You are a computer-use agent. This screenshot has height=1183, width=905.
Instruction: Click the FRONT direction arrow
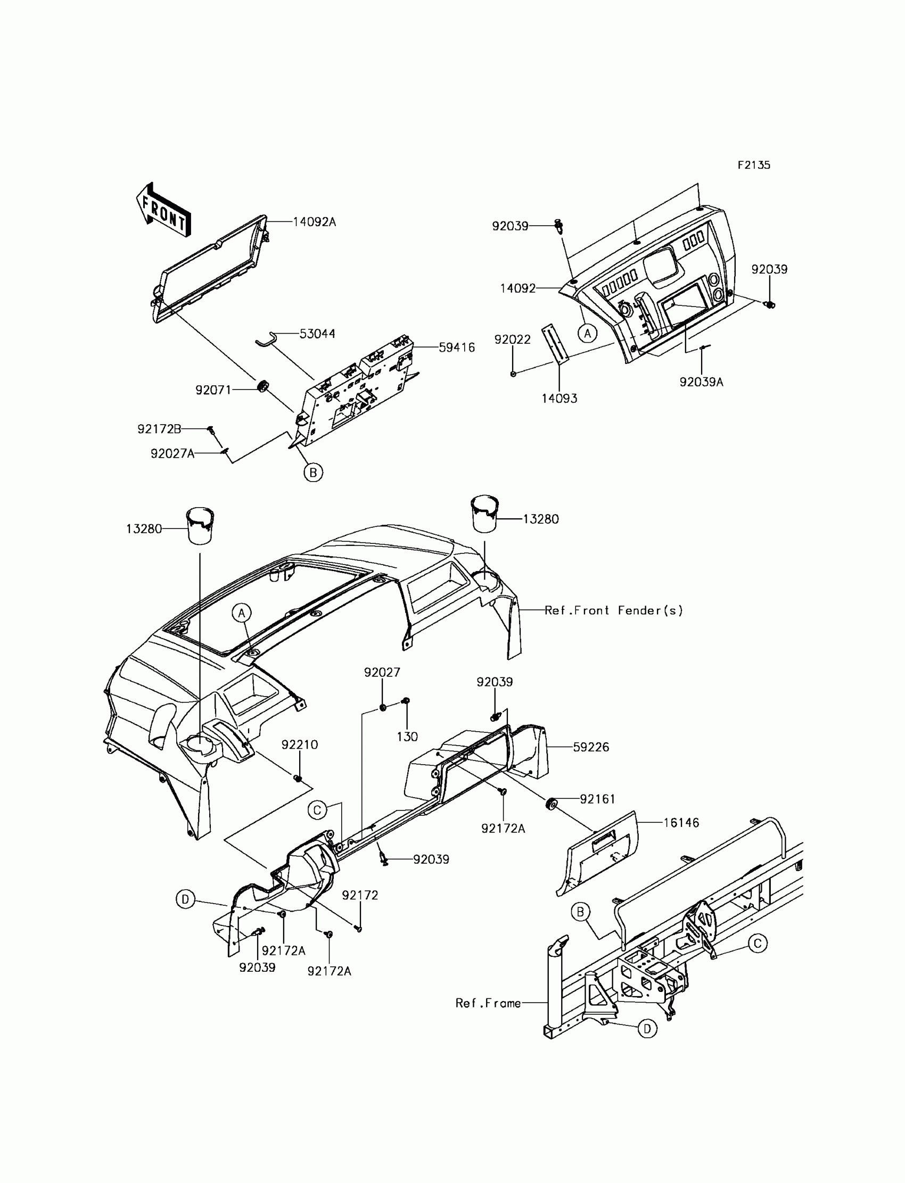point(163,210)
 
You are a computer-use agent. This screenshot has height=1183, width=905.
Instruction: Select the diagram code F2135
point(754,166)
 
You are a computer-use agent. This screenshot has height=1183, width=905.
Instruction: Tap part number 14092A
point(314,222)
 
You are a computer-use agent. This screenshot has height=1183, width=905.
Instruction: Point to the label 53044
point(317,334)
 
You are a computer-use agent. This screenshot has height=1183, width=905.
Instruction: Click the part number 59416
point(456,348)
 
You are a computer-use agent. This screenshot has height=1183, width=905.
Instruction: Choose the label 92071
point(213,390)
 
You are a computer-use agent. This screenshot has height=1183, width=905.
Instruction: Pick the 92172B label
point(159,428)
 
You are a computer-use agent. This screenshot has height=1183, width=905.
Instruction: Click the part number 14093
point(559,399)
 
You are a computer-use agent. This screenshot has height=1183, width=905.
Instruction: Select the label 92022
point(512,340)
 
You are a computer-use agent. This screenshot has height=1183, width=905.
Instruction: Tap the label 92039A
point(702,382)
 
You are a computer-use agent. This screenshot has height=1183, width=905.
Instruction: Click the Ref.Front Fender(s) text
point(614,610)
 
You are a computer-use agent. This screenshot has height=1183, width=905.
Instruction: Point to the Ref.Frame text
point(488,1003)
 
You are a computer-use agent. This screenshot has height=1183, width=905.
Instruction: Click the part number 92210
point(300,744)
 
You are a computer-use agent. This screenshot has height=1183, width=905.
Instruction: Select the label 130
point(407,737)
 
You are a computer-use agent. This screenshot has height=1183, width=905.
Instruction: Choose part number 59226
point(591,747)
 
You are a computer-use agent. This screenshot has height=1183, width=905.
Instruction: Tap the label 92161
point(597,799)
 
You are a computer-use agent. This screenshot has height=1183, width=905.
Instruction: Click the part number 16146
point(681,823)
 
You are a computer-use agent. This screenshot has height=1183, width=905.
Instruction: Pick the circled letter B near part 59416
point(313,473)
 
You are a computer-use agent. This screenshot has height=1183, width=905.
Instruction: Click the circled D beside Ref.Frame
point(647,1029)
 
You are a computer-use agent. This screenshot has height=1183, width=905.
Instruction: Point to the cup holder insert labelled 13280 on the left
point(200,526)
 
